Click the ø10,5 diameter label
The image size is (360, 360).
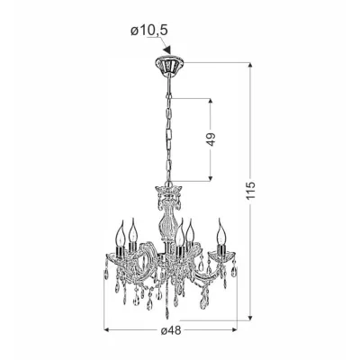(148, 31)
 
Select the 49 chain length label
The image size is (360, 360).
(211, 139)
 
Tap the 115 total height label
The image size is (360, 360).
(251, 190)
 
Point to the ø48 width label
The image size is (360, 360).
(171, 330)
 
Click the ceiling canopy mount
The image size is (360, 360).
(169, 64)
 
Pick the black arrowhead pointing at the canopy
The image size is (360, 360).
(167, 49)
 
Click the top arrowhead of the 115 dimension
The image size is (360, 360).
(251, 66)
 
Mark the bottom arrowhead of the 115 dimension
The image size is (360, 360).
(251, 317)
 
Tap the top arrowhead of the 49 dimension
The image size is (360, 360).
(211, 102)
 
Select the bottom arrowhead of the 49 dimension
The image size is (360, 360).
(211, 178)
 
